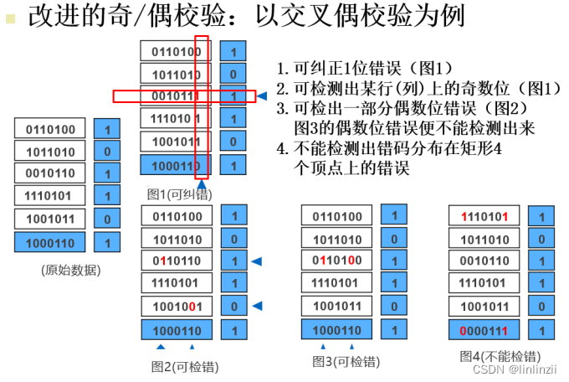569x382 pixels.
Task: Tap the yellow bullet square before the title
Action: point(10,18)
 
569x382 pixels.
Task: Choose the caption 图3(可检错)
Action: point(346,361)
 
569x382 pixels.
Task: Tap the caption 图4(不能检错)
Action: point(500,356)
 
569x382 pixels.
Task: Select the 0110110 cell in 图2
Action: point(177,261)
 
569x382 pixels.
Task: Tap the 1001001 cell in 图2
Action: point(177,306)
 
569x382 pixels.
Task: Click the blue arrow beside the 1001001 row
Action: point(258,306)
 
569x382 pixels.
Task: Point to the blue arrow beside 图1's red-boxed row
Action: point(262,95)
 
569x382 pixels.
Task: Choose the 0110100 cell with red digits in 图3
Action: point(336,261)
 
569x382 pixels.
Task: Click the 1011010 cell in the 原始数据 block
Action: point(50,152)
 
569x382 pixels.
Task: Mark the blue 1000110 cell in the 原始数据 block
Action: point(50,243)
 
